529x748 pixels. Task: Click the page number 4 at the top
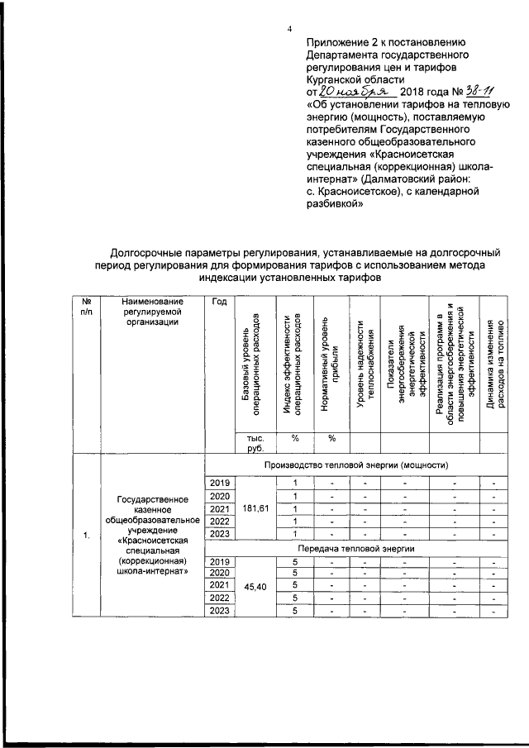pos(289,30)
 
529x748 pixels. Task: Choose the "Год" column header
pos(219,302)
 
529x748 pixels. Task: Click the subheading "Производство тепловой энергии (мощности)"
pos(356,465)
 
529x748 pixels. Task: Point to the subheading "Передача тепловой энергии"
pos(356,548)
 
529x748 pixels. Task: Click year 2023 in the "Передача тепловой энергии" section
pos(219,611)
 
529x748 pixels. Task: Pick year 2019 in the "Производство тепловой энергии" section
pos(219,483)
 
